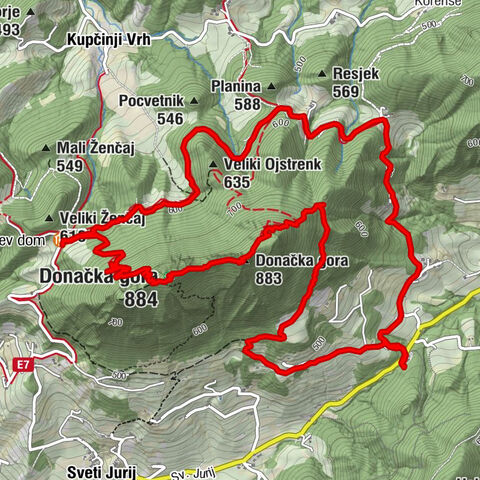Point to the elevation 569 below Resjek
pos(346,91)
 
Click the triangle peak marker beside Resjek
pos(322,74)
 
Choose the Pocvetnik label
pos(150,102)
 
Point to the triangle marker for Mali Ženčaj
pos(46,151)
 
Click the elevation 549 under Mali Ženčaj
pos(69,167)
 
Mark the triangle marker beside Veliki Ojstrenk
pos(212,166)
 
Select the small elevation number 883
pos(268,278)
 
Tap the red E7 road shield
pos(22,367)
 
